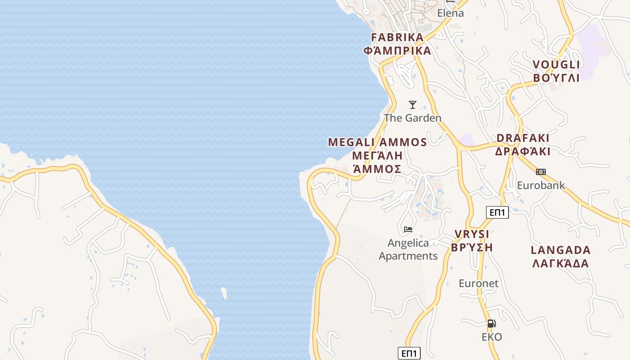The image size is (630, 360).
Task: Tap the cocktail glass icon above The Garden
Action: [x=412, y=105]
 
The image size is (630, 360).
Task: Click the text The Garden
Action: [x=412, y=118]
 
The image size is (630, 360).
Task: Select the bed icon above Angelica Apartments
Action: [x=408, y=229]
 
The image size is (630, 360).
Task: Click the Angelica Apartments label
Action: [x=408, y=249]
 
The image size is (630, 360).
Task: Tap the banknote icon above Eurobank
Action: [x=541, y=171]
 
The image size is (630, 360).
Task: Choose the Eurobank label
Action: [x=541, y=185]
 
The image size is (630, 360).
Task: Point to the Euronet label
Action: [x=478, y=283]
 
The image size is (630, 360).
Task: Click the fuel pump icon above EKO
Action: [x=491, y=323]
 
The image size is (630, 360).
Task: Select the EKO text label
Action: [x=491, y=337]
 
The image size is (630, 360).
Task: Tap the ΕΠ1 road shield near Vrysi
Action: [x=497, y=212]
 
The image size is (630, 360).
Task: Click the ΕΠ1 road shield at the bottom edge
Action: [x=409, y=353]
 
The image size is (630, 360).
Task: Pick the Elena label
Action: [x=450, y=13]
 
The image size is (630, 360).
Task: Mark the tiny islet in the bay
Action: [x=224, y=293]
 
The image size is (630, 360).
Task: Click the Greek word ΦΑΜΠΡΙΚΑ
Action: [x=397, y=50]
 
